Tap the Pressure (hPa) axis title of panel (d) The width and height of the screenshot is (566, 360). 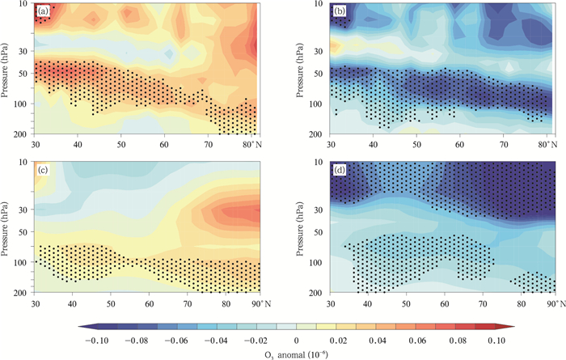pyautogui.click(x=304, y=224)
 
